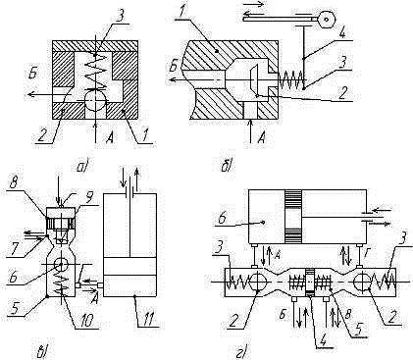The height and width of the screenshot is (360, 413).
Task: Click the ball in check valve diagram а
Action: coord(95,101)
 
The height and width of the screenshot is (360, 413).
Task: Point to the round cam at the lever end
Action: coord(326,20)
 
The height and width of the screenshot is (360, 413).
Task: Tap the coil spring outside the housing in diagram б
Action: coord(291,80)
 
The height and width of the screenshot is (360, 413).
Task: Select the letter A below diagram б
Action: coord(261,138)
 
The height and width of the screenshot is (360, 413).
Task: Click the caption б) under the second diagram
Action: coord(227,167)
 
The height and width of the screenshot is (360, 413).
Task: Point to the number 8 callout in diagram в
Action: coord(14,182)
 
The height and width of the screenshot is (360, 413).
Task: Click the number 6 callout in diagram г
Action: coord(221,218)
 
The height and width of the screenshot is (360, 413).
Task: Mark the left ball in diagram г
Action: coord(259,281)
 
